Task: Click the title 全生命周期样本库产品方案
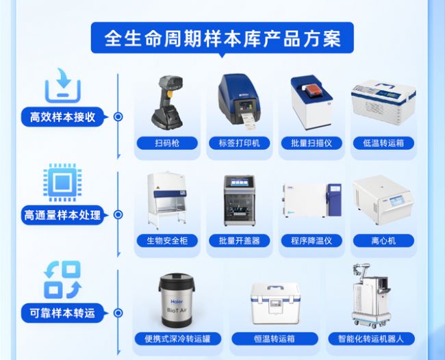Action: [x=222, y=38]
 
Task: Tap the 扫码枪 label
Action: [x=167, y=143]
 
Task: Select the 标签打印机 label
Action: [x=239, y=143]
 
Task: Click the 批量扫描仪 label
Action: [x=311, y=143]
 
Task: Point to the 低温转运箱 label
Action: [x=383, y=143]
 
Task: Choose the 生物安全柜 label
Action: [x=167, y=241]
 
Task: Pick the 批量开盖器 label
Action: [x=239, y=241]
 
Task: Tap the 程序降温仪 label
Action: [x=311, y=241]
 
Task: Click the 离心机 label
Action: [x=383, y=241]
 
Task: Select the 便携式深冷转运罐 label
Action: [x=178, y=339]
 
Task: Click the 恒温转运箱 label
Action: [x=275, y=339]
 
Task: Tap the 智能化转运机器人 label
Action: [x=371, y=339]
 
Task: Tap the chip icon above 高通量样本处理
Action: [x=62, y=182]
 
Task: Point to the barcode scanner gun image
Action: [x=168, y=102]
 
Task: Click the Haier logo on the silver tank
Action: [x=177, y=301]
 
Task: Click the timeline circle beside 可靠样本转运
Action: [x=118, y=313]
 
